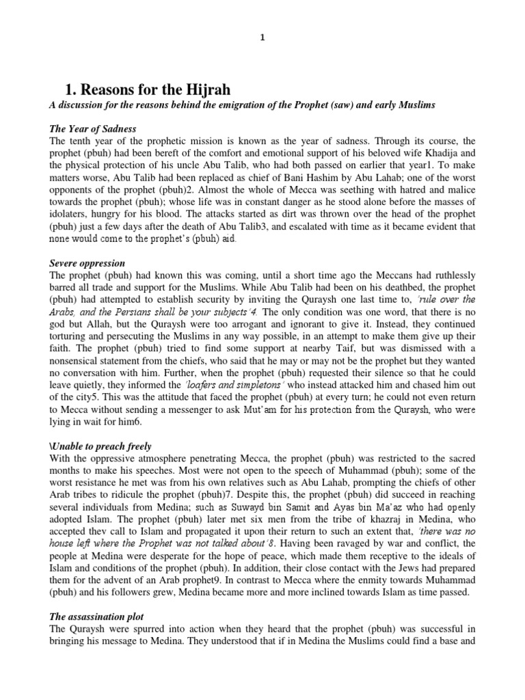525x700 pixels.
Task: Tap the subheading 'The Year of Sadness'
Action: click(92, 129)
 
